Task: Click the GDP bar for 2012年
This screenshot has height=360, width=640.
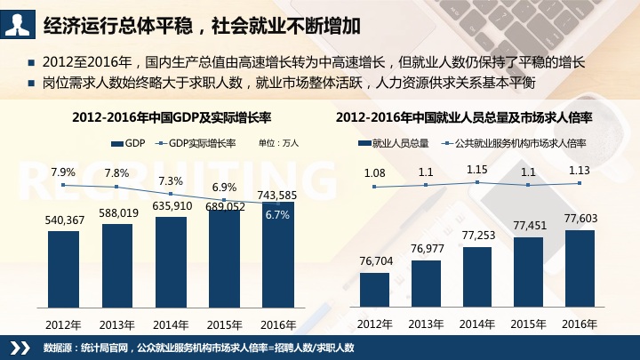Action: click(63, 270)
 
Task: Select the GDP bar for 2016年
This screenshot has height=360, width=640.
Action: click(277, 262)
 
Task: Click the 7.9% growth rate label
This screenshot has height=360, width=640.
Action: click(63, 172)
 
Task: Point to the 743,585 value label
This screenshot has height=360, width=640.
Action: click(276, 195)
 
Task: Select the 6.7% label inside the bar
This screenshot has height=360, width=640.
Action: click(277, 215)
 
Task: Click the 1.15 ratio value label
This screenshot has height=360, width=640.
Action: click(477, 169)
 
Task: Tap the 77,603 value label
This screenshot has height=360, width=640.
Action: click(580, 218)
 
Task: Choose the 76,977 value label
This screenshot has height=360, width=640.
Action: click(426, 247)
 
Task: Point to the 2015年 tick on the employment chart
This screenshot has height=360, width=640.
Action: click(528, 323)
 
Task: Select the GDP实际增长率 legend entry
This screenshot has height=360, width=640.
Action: click(201, 142)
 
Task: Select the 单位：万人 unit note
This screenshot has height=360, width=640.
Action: click(278, 142)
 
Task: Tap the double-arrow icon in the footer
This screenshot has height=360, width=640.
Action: click(19, 347)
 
